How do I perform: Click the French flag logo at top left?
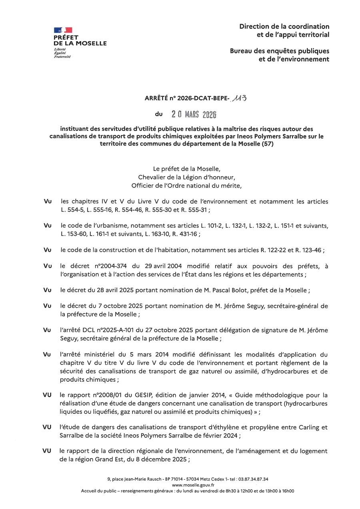coord(63,30)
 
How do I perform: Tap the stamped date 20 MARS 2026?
coord(194,114)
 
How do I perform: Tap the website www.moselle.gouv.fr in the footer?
coord(188,485)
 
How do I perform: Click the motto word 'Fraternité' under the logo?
coord(62,57)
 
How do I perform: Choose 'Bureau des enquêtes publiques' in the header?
coord(280,51)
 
